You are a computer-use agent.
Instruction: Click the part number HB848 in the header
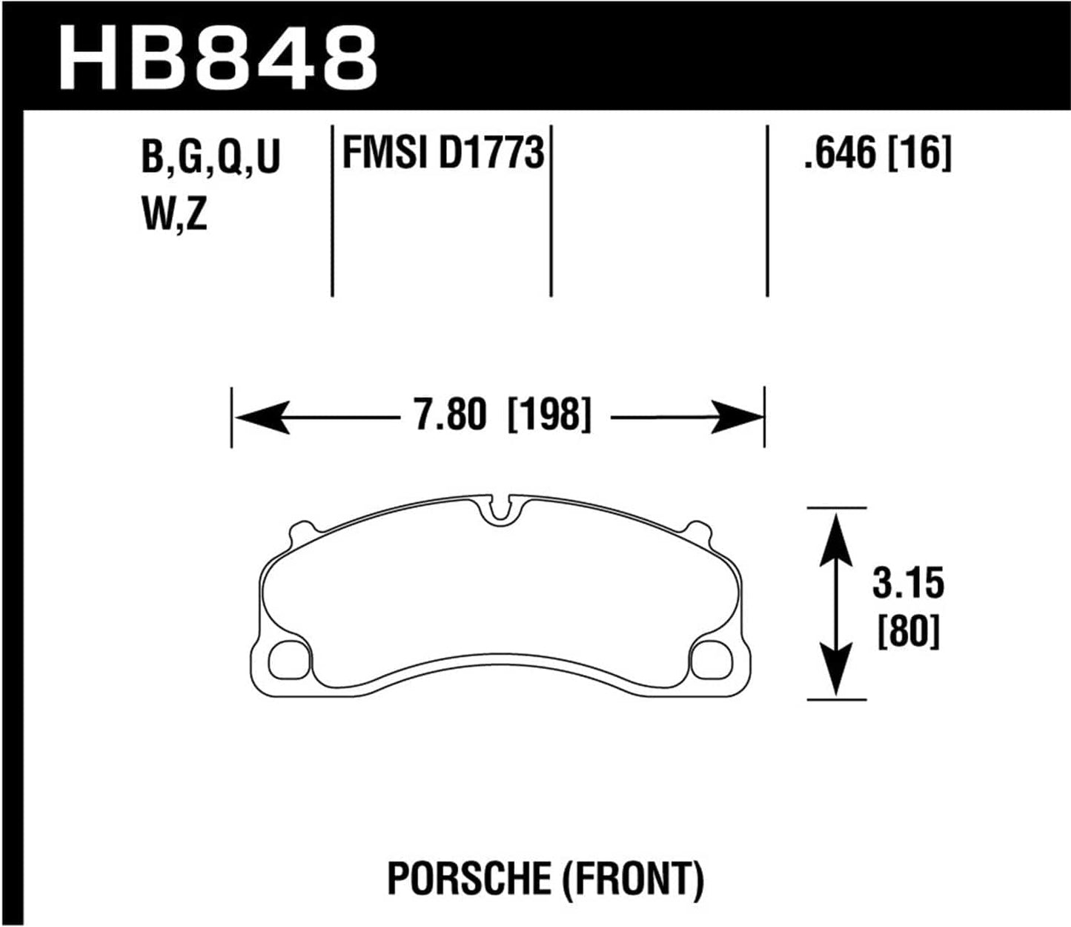[218, 56]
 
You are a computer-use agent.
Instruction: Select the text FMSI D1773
[442, 154]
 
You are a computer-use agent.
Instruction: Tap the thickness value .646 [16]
[877, 154]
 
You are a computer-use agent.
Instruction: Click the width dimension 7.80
[450, 415]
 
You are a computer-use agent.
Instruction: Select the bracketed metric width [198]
[549, 415]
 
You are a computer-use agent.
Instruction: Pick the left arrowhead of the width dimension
[259, 417]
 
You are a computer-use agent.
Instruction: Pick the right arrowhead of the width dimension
[738, 417]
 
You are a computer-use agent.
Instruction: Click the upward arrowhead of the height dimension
[836, 534]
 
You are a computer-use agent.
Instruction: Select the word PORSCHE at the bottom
[468, 880]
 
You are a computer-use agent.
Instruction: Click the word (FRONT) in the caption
[632, 880]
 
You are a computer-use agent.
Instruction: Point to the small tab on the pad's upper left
[301, 530]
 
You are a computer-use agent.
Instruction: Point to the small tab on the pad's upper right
[697, 530]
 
